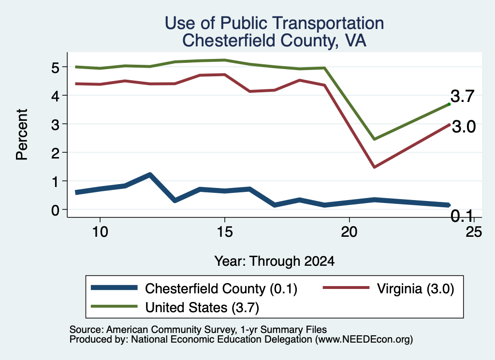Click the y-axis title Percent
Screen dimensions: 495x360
(22, 134)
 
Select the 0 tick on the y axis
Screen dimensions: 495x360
(55, 210)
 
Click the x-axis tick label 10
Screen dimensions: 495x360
(100, 232)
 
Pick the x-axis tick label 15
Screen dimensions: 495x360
(225, 232)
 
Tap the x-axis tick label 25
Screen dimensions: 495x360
(474, 232)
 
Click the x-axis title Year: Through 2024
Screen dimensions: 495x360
(275, 261)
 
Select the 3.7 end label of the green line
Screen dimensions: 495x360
(463, 96)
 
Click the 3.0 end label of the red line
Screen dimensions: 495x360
(464, 127)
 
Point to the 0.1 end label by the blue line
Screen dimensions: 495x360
(462, 216)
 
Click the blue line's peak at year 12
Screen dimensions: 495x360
(150, 174)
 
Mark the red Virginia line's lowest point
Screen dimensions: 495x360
(375, 167)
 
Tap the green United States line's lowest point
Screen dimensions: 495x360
(375, 139)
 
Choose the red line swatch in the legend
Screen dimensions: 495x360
(346, 288)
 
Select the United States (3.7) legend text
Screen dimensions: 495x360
(202, 307)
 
